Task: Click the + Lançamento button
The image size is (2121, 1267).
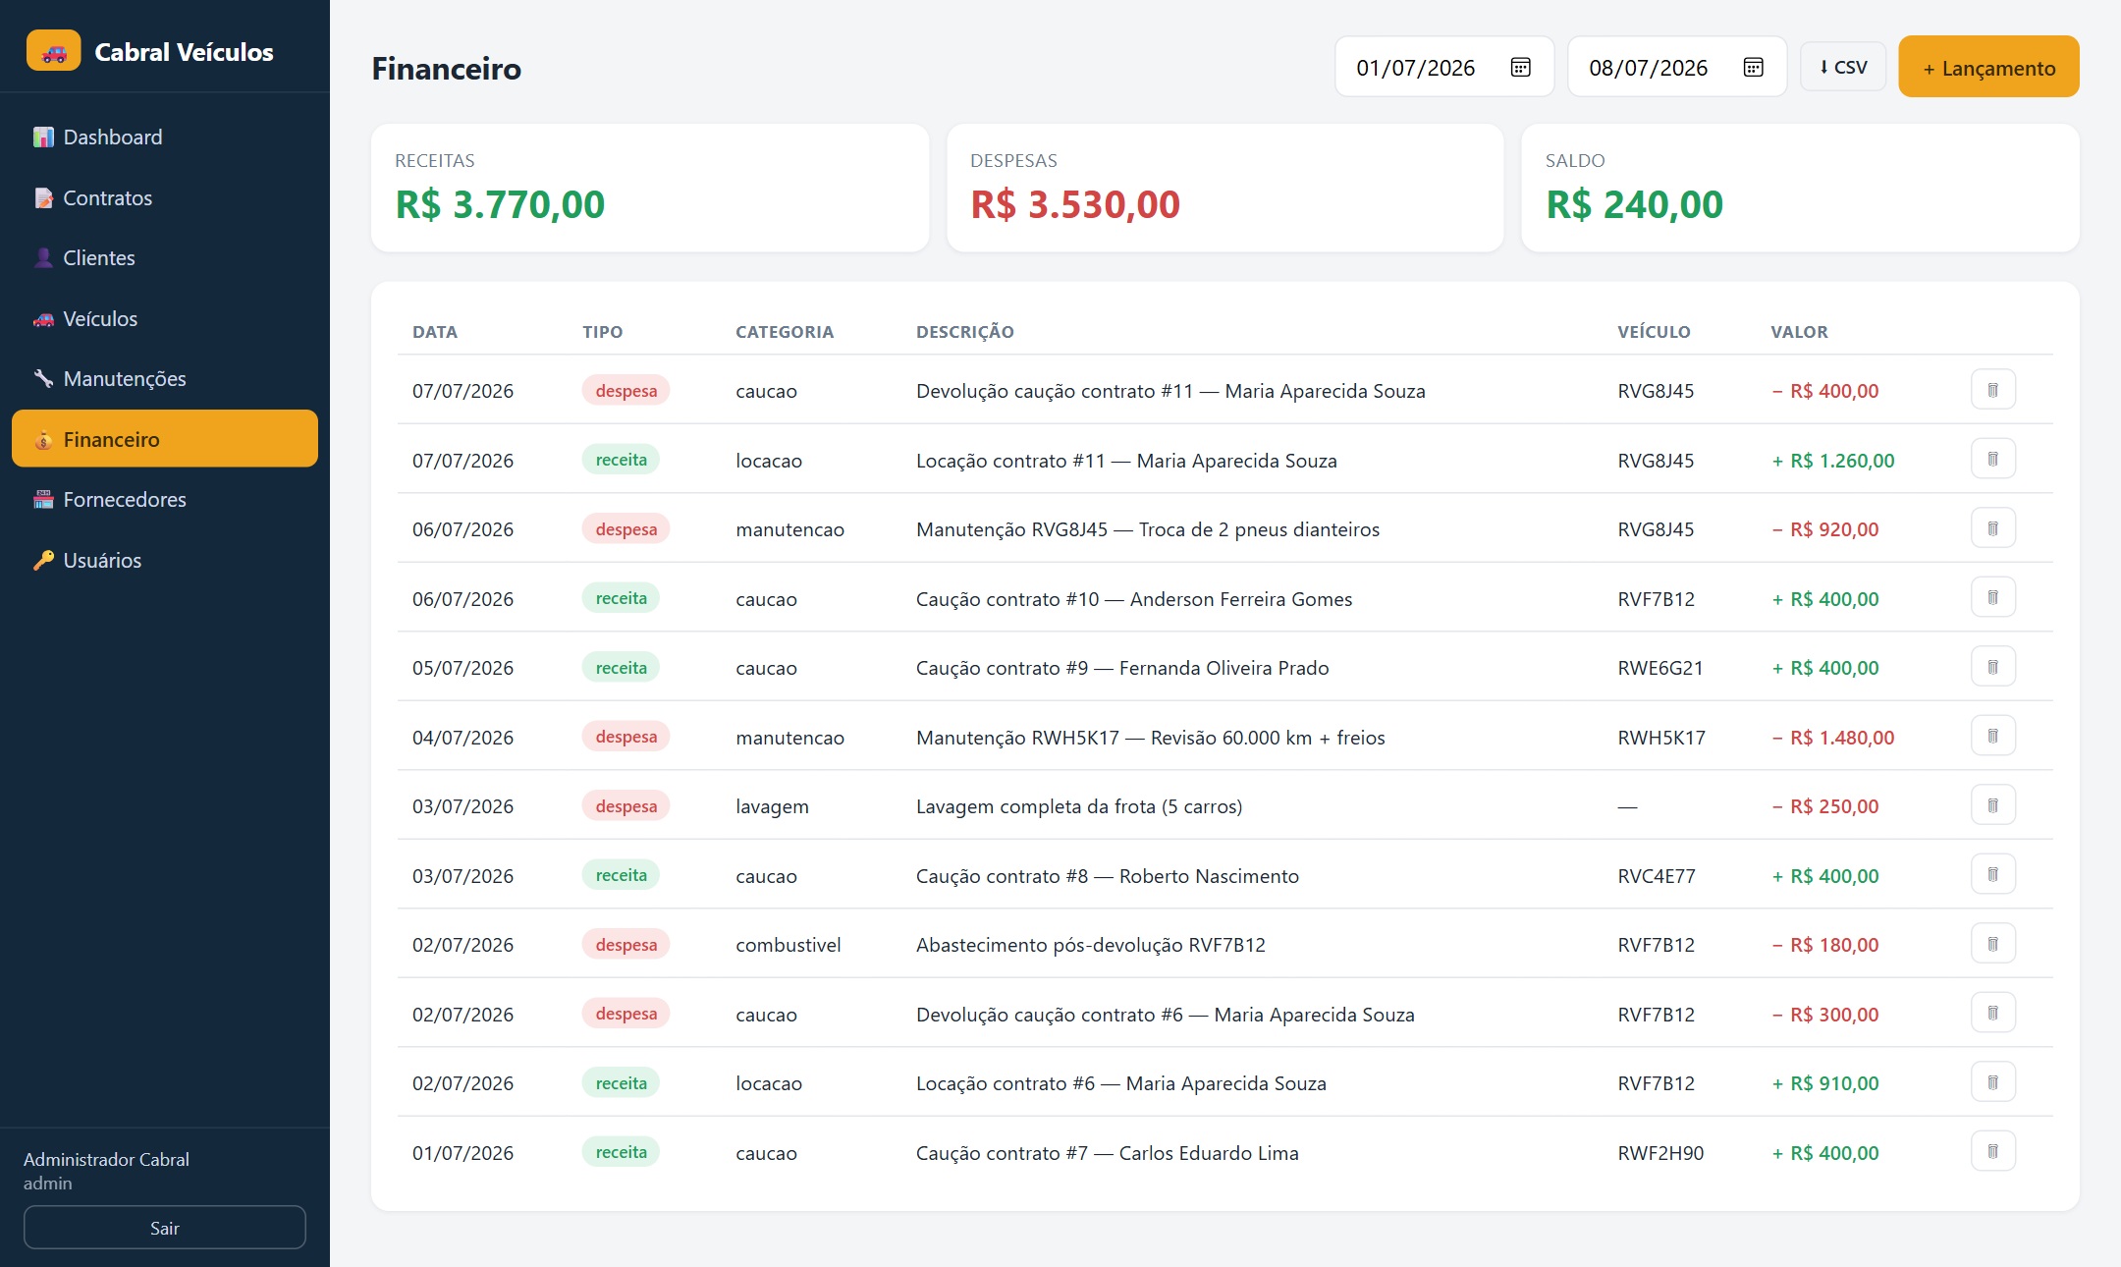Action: point(1988,67)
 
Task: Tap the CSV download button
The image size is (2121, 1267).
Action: point(1842,67)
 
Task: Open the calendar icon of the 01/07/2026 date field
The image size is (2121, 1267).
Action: point(1520,67)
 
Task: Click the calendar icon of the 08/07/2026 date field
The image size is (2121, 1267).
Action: point(1753,67)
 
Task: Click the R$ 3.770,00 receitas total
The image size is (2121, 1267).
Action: point(500,204)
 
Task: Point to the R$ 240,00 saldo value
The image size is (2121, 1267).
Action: point(1634,204)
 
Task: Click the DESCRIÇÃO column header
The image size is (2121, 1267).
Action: point(964,332)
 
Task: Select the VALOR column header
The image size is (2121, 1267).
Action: point(1799,332)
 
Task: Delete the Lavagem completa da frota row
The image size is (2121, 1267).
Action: point(1992,805)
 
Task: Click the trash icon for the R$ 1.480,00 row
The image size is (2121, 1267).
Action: point(1992,736)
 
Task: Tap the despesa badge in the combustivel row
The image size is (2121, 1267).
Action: point(625,944)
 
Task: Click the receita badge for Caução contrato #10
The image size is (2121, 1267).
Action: point(621,598)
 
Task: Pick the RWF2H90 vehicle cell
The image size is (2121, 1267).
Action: point(1660,1153)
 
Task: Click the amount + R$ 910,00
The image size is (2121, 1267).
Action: point(1824,1083)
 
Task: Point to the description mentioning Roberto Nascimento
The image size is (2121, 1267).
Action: point(1107,876)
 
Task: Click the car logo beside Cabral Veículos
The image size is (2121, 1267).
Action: point(54,51)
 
